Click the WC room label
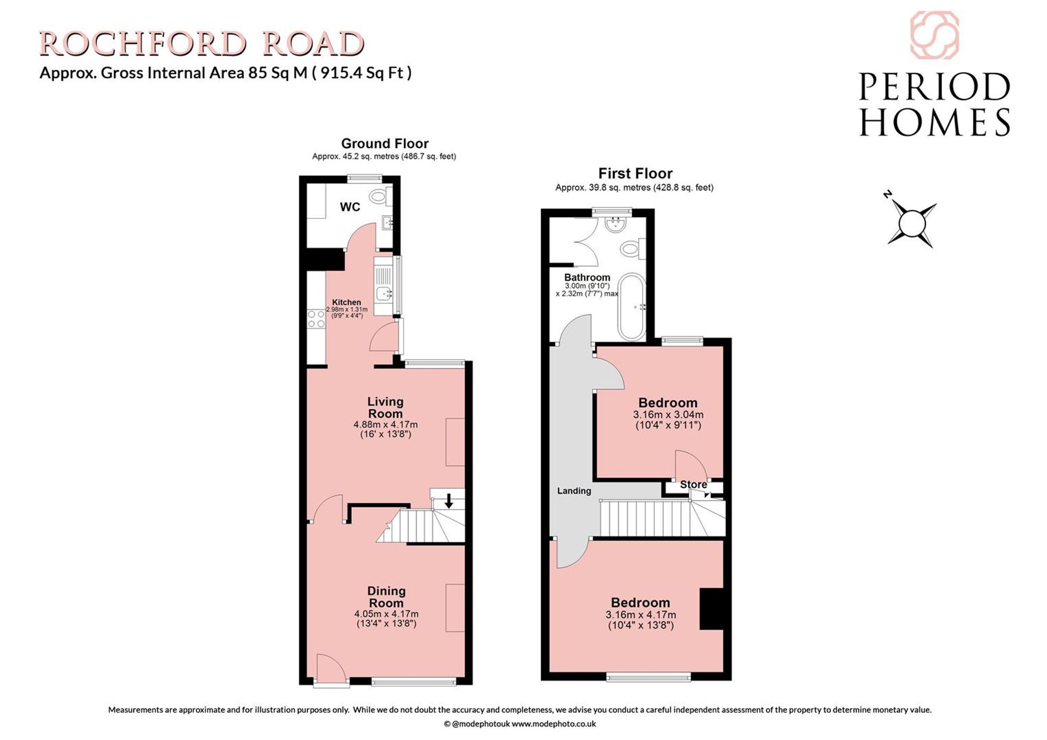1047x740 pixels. click(x=350, y=207)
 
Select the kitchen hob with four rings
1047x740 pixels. click(x=316, y=319)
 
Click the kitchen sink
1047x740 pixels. click(x=384, y=294)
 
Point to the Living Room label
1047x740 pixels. click(x=385, y=408)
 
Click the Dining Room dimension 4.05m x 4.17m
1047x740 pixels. click(x=386, y=614)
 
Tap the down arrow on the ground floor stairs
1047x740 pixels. click(x=449, y=500)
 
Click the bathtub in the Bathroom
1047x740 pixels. click(x=632, y=307)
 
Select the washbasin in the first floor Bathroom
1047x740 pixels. click(x=615, y=225)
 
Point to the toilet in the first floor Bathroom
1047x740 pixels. click(x=633, y=248)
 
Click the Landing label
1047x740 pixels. click(x=574, y=491)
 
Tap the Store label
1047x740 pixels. click(x=693, y=485)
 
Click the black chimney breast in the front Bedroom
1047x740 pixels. click(x=712, y=609)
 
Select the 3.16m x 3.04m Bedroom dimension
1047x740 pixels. click(x=668, y=414)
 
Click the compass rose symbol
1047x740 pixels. click(x=912, y=223)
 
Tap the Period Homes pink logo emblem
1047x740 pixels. click(x=934, y=35)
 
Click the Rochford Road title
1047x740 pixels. click(x=202, y=44)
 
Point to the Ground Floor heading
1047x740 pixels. click(x=385, y=143)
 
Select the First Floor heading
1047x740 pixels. click(x=635, y=173)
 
